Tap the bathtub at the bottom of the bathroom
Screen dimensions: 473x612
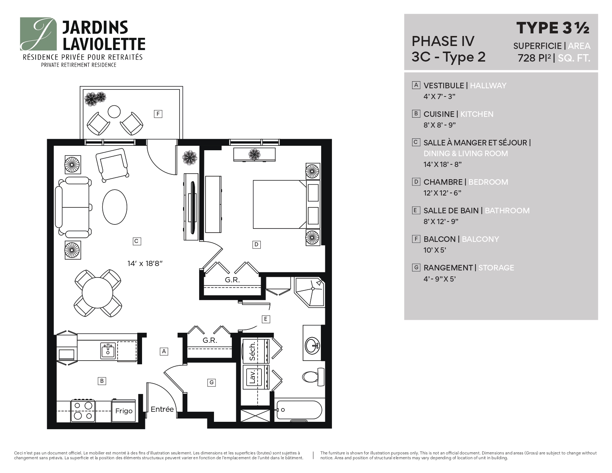(x=299, y=410)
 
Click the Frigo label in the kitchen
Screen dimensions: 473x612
(x=124, y=411)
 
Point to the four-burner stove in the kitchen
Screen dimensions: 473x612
(x=83, y=410)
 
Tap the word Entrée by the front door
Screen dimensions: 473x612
(x=162, y=410)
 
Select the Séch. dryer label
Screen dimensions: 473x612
(x=253, y=351)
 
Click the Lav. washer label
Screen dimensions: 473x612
(x=253, y=377)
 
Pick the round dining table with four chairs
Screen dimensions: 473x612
(x=97, y=293)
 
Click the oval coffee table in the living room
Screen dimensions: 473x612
(x=115, y=207)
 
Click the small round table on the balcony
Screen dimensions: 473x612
(x=114, y=111)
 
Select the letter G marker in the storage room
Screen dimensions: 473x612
(x=211, y=382)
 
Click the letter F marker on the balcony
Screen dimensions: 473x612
(x=158, y=114)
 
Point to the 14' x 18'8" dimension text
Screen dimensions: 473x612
(x=145, y=264)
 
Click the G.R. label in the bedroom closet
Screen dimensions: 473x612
(x=232, y=280)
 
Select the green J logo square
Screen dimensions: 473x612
(x=38, y=34)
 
